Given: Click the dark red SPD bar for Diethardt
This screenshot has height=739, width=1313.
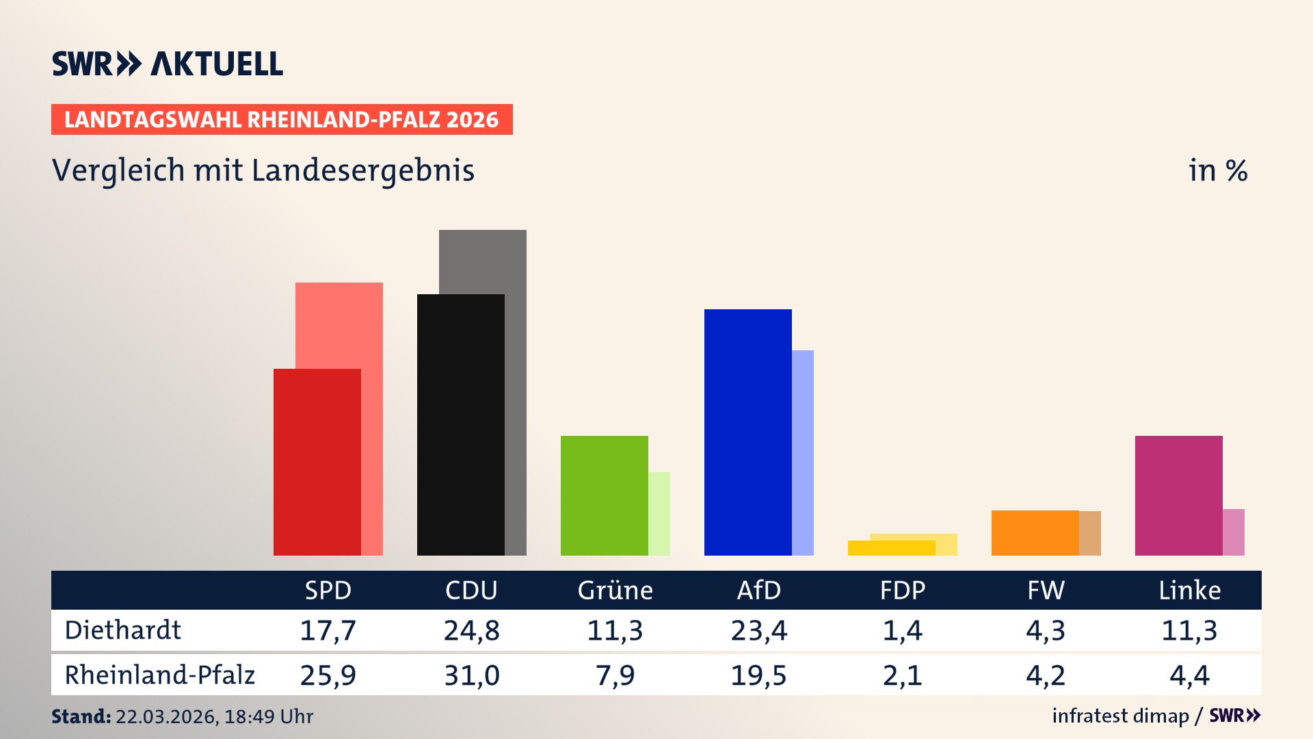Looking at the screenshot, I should pyautogui.click(x=317, y=462).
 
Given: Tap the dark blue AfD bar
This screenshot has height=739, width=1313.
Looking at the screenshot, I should pyautogui.click(x=747, y=432).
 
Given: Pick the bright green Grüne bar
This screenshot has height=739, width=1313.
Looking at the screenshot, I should pyautogui.click(x=604, y=495).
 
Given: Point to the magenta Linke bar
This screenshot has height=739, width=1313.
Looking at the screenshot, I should pyautogui.click(x=1178, y=495).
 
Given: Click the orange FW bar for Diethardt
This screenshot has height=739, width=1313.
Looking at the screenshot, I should pyautogui.click(x=1035, y=532).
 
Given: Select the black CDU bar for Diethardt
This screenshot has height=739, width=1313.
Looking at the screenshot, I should pyautogui.click(x=460, y=424).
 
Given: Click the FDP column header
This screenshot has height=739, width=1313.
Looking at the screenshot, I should pyautogui.click(x=902, y=590).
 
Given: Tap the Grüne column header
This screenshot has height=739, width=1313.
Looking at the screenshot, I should pyautogui.click(x=615, y=590).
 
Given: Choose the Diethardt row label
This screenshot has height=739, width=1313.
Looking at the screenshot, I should pyautogui.click(x=123, y=630).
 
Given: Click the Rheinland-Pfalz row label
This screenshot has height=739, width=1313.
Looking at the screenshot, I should pyautogui.click(x=159, y=675).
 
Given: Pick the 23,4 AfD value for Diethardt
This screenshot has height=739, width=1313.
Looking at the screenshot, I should pyautogui.click(x=758, y=630).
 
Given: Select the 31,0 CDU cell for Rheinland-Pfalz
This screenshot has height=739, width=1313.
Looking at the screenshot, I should pyautogui.click(x=471, y=675).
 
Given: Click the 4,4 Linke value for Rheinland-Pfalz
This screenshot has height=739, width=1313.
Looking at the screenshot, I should pyautogui.click(x=1189, y=675).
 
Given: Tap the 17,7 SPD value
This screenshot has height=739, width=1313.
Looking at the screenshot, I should pyautogui.click(x=328, y=630).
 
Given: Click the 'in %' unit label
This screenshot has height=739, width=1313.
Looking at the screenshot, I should pyautogui.click(x=1217, y=170).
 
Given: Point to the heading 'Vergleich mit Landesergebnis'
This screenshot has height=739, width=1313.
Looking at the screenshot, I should pyautogui.click(x=263, y=170).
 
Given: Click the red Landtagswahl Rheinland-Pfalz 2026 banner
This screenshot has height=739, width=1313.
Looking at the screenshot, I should pyautogui.click(x=282, y=120).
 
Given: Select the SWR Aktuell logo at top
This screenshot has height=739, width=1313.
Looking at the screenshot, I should pyautogui.click(x=168, y=64).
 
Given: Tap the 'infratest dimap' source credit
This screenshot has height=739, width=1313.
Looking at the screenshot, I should pyautogui.click(x=1120, y=716).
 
